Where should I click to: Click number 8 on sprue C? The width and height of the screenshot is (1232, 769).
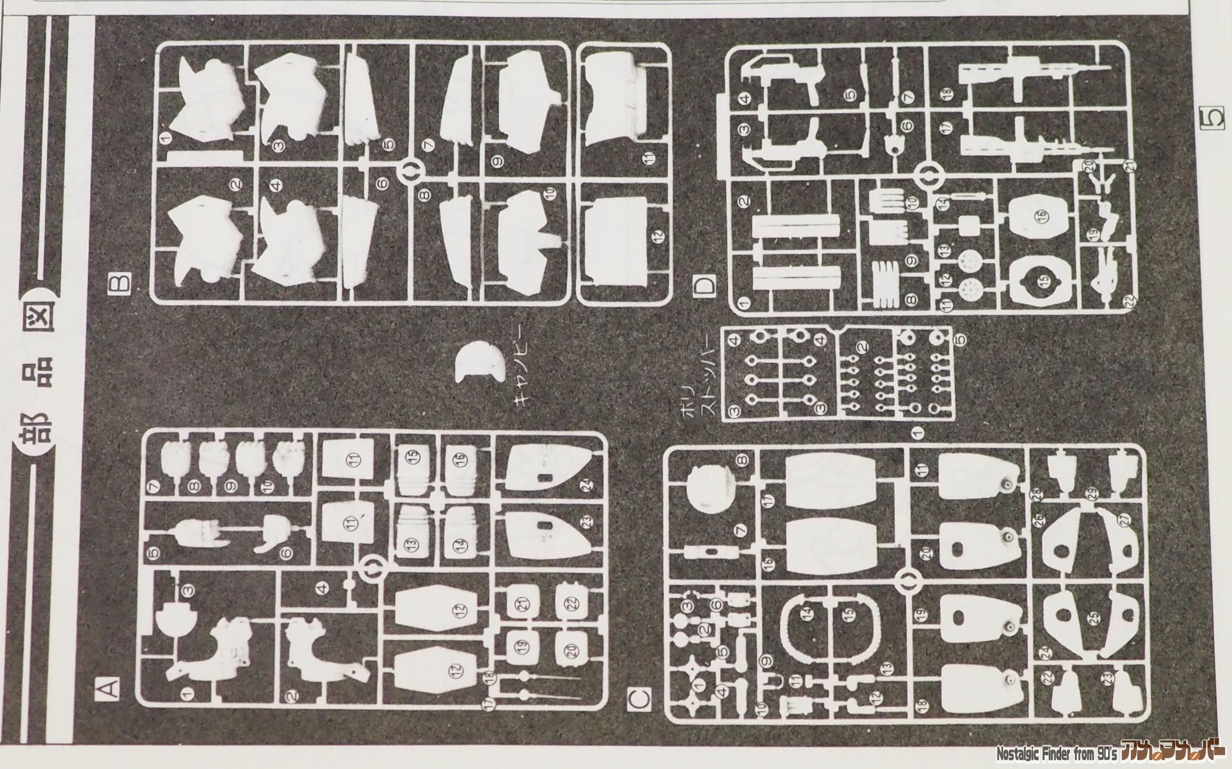[x=743, y=461]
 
